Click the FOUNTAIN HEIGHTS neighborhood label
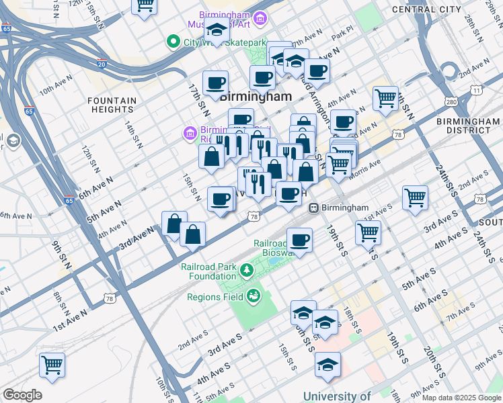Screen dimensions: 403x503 point(112,105)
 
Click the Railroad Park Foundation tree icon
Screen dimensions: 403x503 point(247,271)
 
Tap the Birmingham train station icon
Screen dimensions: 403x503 point(313,208)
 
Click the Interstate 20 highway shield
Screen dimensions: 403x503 point(102,64)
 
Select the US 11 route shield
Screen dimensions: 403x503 point(476,89)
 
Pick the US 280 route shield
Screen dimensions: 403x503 point(451,101)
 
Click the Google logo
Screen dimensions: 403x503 point(22,395)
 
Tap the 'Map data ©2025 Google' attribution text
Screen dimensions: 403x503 point(461,398)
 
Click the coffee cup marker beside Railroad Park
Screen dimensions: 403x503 point(299,240)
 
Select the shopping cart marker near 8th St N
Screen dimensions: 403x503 point(52,365)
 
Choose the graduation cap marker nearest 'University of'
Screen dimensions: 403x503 point(327,364)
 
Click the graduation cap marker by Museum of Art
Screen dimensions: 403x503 point(217,30)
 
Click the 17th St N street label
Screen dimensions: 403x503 point(196,97)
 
